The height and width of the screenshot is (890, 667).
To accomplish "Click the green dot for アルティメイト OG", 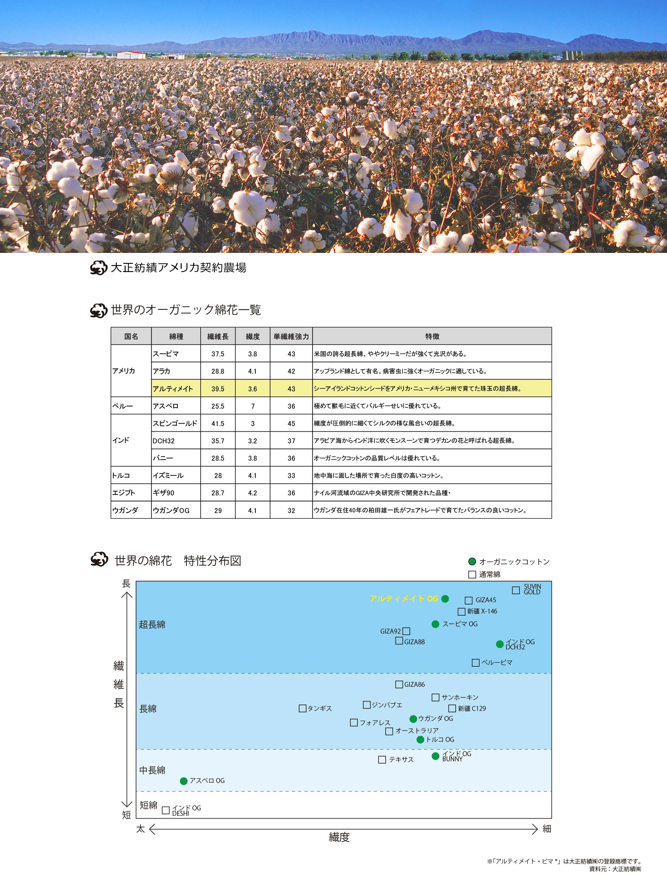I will point(445,599).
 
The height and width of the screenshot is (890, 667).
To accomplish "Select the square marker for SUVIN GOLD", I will point(515,590).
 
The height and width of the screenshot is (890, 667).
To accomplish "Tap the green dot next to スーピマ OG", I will point(435,624).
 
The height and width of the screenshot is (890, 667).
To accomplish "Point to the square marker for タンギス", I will point(302,708).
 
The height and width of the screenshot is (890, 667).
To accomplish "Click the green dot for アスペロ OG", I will point(184,781).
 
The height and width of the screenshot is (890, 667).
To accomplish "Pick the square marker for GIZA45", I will point(469,600).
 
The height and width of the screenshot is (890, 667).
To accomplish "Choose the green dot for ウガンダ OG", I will point(413,719).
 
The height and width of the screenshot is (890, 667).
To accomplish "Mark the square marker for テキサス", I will point(382,760).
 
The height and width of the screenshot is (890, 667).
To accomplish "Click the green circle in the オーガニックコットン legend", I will point(472,561).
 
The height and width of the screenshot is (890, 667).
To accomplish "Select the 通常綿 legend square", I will point(472,575).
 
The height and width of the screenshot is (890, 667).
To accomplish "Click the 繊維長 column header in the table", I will point(218,336).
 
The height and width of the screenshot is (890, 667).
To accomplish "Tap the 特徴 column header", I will point(432,336).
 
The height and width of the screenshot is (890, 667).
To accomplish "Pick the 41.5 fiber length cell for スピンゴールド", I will point(218,423).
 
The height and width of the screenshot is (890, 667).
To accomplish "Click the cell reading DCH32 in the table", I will point(176,441).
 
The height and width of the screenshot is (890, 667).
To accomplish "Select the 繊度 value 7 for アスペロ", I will point(252,406).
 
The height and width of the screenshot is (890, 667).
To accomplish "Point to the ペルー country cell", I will point(131,406).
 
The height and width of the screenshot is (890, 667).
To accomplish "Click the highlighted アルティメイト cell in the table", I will point(176,389).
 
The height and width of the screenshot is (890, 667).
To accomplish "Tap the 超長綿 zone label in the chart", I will point(152,624).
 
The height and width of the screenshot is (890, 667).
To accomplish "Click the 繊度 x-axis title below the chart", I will point(339,837).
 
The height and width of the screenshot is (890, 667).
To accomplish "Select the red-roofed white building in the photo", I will point(131,55).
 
